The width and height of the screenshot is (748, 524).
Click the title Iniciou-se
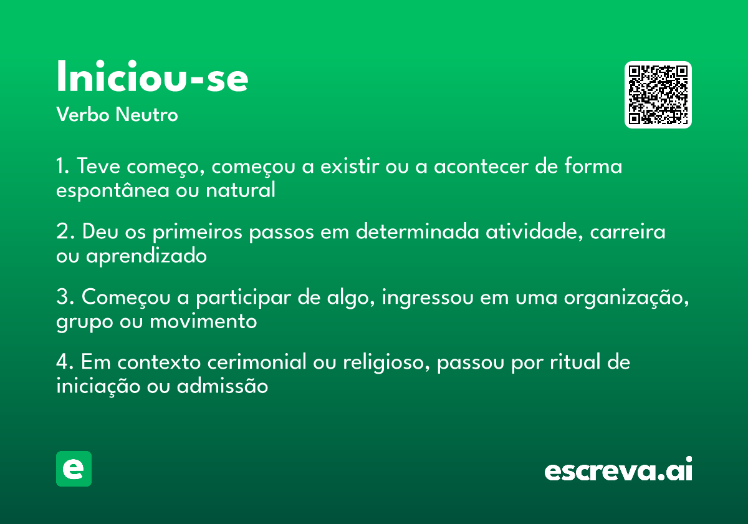tap(152, 78)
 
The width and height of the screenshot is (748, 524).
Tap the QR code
tap(658, 95)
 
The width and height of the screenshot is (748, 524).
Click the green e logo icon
tap(74, 468)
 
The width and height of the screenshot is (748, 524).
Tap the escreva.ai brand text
tap(618, 470)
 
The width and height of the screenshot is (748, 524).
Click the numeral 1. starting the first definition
tap(62, 167)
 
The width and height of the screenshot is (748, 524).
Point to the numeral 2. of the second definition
tap(65, 232)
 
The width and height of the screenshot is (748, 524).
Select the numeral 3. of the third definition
tap(65, 298)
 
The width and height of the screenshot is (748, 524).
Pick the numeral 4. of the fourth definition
tap(65, 362)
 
